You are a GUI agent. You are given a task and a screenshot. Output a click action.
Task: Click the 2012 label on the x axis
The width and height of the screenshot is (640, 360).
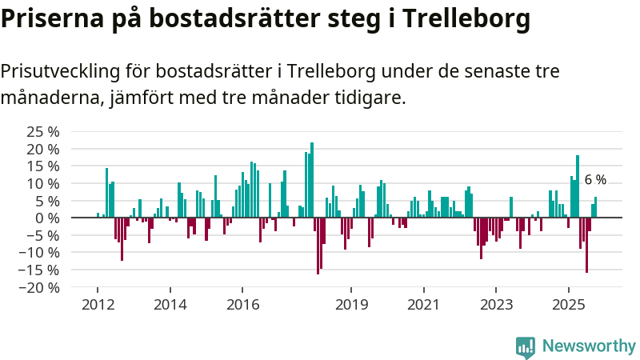[x=98, y=305]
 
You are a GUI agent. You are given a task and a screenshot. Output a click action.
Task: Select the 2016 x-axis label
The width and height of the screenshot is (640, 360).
[x=242, y=305]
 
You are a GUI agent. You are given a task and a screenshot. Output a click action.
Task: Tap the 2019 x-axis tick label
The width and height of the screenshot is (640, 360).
[x=351, y=305]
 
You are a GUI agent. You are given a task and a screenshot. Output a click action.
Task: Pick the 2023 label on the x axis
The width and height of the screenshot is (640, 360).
[x=496, y=305]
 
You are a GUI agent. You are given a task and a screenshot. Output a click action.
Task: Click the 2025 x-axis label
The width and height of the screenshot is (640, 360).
[x=568, y=305]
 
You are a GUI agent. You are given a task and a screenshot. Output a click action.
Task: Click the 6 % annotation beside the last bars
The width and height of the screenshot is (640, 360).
[x=595, y=180]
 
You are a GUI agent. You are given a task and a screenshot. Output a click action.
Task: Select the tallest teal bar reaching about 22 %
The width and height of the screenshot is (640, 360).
[x=312, y=179]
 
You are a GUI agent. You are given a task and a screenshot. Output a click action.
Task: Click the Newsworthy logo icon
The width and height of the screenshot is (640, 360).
[x=526, y=346]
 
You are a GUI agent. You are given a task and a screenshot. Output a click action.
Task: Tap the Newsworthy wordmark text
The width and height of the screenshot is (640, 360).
[x=589, y=346]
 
